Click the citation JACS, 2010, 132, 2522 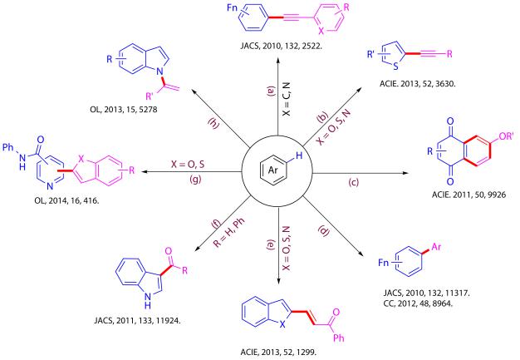[265, 60]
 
